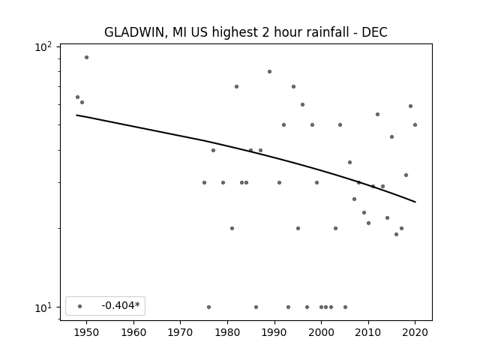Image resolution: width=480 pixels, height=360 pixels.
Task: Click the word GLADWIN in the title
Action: click(x=136, y=32)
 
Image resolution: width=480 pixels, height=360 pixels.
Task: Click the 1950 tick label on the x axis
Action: click(x=87, y=332)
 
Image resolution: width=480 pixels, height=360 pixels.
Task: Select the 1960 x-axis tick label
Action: click(x=133, y=332)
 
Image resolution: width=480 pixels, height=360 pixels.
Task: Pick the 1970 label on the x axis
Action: click(x=181, y=332)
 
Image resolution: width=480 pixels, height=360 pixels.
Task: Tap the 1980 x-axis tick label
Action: click(x=227, y=332)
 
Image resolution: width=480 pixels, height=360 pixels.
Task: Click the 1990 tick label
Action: click(x=274, y=332)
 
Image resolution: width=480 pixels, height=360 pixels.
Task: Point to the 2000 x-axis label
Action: click(x=322, y=332)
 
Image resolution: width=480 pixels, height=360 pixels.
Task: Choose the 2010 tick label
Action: click(x=368, y=332)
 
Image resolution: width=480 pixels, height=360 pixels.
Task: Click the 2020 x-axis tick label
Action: click(x=415, y=332)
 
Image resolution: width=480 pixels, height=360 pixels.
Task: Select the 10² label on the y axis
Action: click(x=43, y=47)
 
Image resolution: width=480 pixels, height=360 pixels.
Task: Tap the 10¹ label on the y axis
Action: click(x=43, y=308)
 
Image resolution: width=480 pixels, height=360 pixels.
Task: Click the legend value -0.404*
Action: click(x=121, y=305)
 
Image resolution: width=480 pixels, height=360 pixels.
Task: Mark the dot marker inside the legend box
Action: click(x=80, y=306)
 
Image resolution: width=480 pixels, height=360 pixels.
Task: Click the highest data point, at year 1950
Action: click(x=87, y=57)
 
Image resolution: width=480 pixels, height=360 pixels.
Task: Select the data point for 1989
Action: click(x=270, y=72)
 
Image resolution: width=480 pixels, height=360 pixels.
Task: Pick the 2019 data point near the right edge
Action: click(x=410, y=106)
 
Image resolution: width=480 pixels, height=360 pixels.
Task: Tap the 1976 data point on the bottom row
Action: click(x=208, y=307)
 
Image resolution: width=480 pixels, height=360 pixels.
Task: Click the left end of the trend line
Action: click(x=76, y=115)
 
